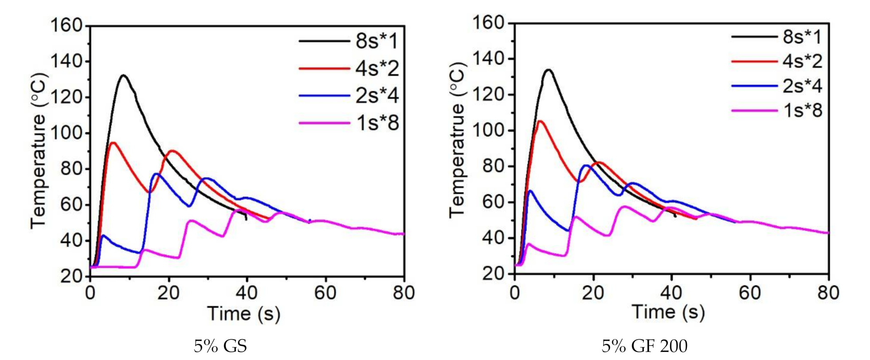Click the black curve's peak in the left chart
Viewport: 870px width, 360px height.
pos(123,75)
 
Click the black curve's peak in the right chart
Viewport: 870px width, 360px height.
pos(549,70)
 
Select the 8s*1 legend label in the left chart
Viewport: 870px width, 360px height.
pos(376,41)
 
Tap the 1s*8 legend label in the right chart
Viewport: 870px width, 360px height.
pos(802,110)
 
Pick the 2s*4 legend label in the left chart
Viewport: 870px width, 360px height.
pos(376,95)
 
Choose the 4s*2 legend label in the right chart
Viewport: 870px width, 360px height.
pos(802,61)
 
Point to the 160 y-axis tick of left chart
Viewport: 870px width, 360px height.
pos(67,25)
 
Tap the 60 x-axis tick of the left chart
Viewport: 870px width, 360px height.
pos(325,293)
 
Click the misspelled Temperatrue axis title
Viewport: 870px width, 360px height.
pos(457,140)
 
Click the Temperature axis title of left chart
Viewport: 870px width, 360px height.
pos(39,151)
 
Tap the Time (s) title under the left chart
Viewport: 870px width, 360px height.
pos(243,313)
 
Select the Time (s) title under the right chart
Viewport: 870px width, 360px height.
pos(668,312)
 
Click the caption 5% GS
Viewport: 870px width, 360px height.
pos(220,346)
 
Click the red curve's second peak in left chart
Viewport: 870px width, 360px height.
pos(172,151)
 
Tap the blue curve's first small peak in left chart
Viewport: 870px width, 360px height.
pos(103,235)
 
